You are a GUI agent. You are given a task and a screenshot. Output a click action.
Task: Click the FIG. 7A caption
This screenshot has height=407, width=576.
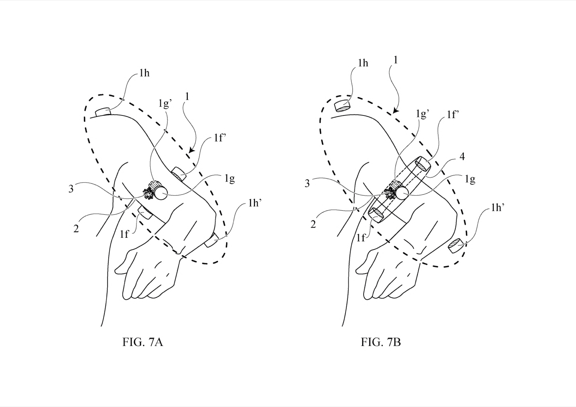[x=143, y=342]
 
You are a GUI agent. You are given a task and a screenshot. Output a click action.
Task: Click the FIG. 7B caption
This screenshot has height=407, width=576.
[x=381, y=342]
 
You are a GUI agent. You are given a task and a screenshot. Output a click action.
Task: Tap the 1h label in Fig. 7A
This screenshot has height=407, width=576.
[x=144, y=73]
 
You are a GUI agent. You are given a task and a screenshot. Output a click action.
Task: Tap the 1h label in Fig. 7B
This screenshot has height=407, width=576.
[x=363, y=63]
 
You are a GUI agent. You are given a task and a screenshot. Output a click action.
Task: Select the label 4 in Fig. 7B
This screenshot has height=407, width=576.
[x=462, y=156]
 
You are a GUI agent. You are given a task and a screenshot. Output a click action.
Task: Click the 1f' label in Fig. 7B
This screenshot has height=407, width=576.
[x=453, y=114]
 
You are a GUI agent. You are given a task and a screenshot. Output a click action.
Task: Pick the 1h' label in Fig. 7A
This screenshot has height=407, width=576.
[x=255, y=203]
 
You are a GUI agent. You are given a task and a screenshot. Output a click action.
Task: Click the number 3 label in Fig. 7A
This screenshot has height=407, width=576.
[x=71, y=189]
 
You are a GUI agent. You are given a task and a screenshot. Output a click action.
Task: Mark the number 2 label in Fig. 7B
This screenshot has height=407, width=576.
[x=313, y=224]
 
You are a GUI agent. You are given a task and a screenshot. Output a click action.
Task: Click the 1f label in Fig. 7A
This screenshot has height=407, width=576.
[x=124, y=234]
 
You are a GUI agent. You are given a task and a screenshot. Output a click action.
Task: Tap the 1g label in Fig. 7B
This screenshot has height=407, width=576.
[x=470, y=180]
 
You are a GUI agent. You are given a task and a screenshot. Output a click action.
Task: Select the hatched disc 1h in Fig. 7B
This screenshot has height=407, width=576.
[x=342, y=106]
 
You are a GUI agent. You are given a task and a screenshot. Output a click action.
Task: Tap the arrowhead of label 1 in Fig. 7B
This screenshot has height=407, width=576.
[x=396, y=111]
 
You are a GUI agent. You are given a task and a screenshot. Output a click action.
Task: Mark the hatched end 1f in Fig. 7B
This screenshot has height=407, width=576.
[x=375, y=213]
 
